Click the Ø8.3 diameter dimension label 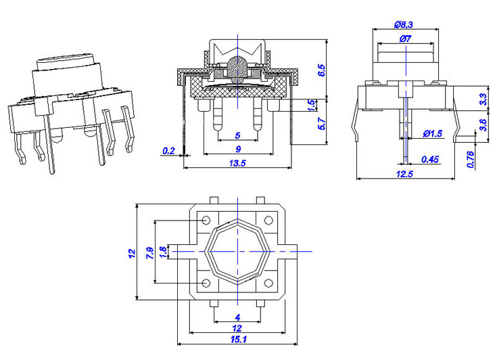403,24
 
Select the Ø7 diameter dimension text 406,39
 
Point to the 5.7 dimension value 321,123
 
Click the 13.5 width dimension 237,163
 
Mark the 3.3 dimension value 483,97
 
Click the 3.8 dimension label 483,124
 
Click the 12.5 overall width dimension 404,174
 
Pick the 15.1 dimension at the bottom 237,340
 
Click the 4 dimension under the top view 237,317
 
